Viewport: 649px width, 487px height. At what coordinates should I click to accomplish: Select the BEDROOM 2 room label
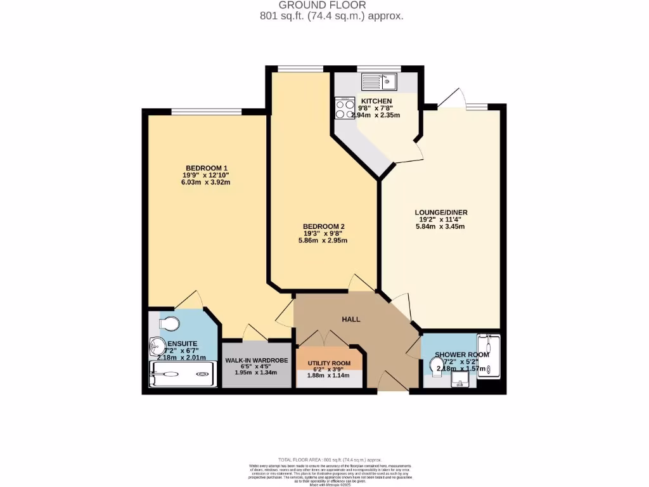(323, 226)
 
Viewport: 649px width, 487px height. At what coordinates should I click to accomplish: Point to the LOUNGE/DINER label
(441, 212)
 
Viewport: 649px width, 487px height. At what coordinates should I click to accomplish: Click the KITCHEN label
(376, 101)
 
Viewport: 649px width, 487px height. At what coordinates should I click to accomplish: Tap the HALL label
(350, 319)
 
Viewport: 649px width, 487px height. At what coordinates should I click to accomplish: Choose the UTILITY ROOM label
(329, 363)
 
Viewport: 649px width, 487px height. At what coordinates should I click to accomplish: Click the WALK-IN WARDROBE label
(257, 360)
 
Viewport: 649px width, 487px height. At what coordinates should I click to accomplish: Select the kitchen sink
(379, 81)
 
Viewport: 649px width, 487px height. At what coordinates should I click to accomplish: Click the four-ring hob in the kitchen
(345, 108)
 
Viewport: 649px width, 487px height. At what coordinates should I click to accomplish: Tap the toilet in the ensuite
(169, 324)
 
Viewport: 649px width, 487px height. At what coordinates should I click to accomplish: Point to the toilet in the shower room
(437, 363)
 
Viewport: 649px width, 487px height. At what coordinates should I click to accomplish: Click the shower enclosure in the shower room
(489, 356)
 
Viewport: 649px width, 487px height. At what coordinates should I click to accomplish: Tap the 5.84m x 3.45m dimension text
(441, 226)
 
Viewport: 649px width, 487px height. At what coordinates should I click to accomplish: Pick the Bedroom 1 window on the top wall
(206, 112)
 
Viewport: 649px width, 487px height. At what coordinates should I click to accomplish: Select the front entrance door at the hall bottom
(393, 382)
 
